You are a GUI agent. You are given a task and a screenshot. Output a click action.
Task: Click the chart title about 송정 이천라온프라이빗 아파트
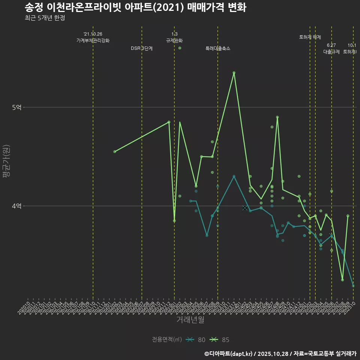click(x=135, y=7)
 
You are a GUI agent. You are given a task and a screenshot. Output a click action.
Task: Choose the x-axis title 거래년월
click(x=190, y=319)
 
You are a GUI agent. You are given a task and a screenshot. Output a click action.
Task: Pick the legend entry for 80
click(x=196, y=340)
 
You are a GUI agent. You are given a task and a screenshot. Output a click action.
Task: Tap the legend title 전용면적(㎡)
click(x=167, y=340)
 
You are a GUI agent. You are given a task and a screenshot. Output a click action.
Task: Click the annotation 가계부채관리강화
click(x=93, y=40)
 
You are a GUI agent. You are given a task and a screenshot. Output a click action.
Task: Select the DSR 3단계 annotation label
click(x=142, y=48)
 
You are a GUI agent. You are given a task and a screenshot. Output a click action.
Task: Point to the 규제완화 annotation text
click(x=174, y=40)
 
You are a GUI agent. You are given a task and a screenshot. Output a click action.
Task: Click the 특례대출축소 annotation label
click(x=218, y=48)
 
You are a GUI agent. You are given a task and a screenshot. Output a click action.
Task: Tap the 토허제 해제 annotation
click(x=310, y=37)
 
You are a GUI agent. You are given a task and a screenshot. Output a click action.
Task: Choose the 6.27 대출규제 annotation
click(x=331, y=49)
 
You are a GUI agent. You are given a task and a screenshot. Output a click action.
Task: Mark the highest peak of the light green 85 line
click(x=234, y=73)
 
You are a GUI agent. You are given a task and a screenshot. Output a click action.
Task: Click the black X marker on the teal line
click(x=245, y=208)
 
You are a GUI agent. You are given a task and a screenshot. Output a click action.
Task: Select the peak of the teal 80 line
click(x=234, y=176)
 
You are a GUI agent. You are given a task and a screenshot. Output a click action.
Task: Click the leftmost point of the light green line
click(x=115, y=151)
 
